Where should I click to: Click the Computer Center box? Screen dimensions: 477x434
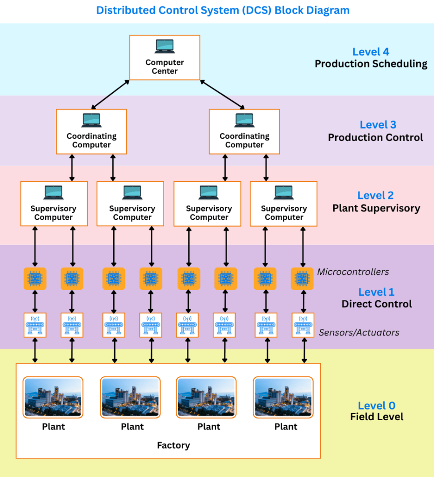(x=165, y=57)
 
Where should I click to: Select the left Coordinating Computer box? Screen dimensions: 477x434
(x=91, y=131)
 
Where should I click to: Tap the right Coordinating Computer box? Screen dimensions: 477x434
(x=244, y=131)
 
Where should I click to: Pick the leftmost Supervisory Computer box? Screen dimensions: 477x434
(x=54, y=204)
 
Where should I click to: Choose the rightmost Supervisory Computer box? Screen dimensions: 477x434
(x=283, y=204)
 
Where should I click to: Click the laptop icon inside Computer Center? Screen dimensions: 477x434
(x=165, y=46)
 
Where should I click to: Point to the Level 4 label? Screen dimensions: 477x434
(x=371, y=52)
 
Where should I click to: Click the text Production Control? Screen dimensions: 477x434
(x=375, y=137)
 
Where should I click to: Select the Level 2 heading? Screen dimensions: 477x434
(x=376, y=196)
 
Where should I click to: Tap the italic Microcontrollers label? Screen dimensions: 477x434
(x=353, y=272)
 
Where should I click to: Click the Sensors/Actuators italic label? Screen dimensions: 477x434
(x=359, y=333)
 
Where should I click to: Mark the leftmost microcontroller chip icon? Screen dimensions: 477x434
(x=34, y=279)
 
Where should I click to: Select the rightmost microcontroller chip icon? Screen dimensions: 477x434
(x=302, y=279)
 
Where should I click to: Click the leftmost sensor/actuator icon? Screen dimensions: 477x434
(x=34, y=324)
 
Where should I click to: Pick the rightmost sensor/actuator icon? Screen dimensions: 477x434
(x=303, y=324)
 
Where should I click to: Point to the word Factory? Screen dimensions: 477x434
(x=173, y=445)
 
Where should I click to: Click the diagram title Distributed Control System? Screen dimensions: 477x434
(x=223, y=10)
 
